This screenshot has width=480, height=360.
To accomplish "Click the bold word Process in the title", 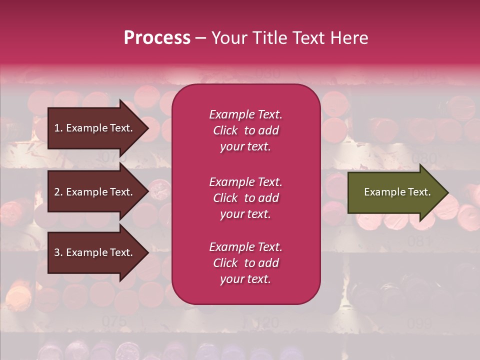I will pyautogui.click(x=157, y=38).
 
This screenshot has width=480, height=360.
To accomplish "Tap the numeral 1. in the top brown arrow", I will pyautogui.click(x=58, y=128).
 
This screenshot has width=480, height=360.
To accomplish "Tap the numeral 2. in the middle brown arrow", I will pyautogui.click(x=58, y=192).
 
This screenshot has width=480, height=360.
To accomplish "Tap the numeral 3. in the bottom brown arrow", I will pyautogui.click(x=58, y=253).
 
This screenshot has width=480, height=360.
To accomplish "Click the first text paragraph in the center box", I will pyautogui.click(x=245, y=130).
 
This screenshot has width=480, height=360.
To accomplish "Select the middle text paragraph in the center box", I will pyautogui.click(x=245, y=198).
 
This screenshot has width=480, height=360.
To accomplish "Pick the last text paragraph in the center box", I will pyautogui.click(x=245, y=263).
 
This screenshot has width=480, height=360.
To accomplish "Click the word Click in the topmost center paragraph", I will pyautogui.click(x=225, y=130).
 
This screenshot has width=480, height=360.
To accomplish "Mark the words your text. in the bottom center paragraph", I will pyautogui.click(x=245, y=279).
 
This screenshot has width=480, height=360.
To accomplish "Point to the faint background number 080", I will pyautogui.click(x=423, y=159).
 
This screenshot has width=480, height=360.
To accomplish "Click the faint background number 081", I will pyautogui.click(x=419, y=241).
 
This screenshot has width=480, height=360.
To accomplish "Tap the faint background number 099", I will pyautogui.click(x=419, y=323).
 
